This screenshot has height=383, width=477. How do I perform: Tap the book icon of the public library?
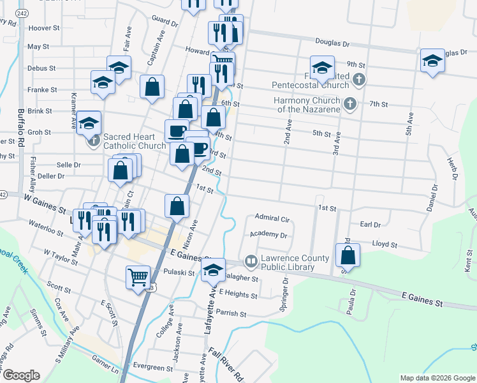tap(251, 261)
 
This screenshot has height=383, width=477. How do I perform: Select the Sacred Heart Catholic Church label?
tap(135, 141)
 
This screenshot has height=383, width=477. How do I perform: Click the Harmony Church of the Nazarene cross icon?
tap(349, 103)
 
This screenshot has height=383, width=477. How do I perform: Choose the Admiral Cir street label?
tap(272, 219)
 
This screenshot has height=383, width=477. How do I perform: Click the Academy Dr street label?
tap(269, 235)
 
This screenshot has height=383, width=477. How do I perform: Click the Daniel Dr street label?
tap(433, 198)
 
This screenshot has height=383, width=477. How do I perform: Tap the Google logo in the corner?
tap(21, 375)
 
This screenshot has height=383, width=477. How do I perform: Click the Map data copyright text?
tap(437, 378)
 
